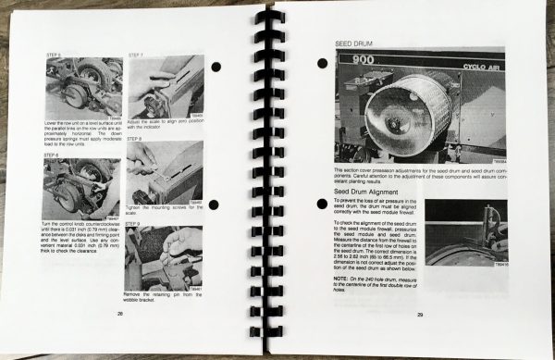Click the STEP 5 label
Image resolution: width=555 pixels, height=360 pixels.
point(53,56)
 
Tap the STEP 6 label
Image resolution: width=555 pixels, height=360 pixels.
point(52,155)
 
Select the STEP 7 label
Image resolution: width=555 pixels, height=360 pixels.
point(133,55)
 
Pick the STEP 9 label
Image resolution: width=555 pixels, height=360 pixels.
point(133,222)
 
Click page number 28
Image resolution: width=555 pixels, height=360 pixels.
point(120,314)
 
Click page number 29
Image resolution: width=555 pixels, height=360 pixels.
point(420,315)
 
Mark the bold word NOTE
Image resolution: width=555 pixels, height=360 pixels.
point(341,279)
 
